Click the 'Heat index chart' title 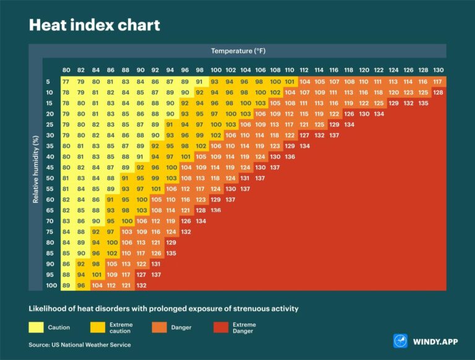(x=95, y=25)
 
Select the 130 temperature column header (x=438, y=70)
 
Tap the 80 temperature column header (x=66, y=70)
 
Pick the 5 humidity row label (x=48, y=82)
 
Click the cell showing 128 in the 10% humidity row (x=438, y=92)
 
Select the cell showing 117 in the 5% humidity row (x=438, y=82)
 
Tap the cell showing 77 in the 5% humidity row (x=66, y=82)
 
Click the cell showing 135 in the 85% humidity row (x=171, y=252)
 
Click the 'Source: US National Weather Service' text (x=80, y=345)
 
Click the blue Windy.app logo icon (x=400, y=341)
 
